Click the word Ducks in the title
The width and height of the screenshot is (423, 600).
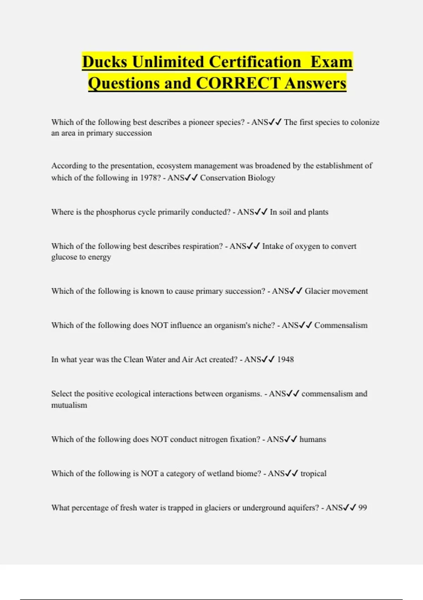tap(104, 62)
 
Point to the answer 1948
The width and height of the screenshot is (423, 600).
tap(286, 360)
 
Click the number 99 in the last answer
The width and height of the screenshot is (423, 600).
tap(363, 508)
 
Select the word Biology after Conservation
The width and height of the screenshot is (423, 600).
tap(261, 178)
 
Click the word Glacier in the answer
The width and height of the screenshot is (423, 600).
tap(317, 291)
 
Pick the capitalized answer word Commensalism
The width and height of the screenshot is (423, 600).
tap(341, 325)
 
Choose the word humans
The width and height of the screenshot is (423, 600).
tap(313, 439)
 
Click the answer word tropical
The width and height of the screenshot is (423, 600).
tap(313, 474)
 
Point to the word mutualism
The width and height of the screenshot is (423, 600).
tap(69, 405)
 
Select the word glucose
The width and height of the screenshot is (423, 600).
tap(64, 257)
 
